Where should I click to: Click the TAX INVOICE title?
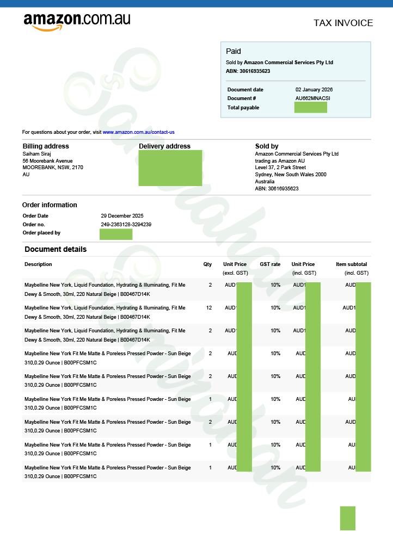point(343,23)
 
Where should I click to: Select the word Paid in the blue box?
point(233,51)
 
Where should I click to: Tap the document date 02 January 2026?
point(314,90)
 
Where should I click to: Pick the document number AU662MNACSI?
point(312,98)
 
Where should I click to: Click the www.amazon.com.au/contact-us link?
point(138,132)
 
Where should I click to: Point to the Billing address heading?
point(46,146)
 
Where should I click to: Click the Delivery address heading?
point(164,146)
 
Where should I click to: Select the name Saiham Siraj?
point(36,154)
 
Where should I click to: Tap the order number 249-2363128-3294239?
point(126,225)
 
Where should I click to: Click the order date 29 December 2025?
point(122,216)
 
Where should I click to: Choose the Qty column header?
point(207,264)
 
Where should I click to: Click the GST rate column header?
point(270,264)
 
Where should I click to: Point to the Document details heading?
point(56,250)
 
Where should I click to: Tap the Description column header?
point(38,264)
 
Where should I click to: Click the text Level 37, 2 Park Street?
point(280,168)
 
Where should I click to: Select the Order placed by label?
point(41,233)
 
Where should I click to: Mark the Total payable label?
point(243,108)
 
